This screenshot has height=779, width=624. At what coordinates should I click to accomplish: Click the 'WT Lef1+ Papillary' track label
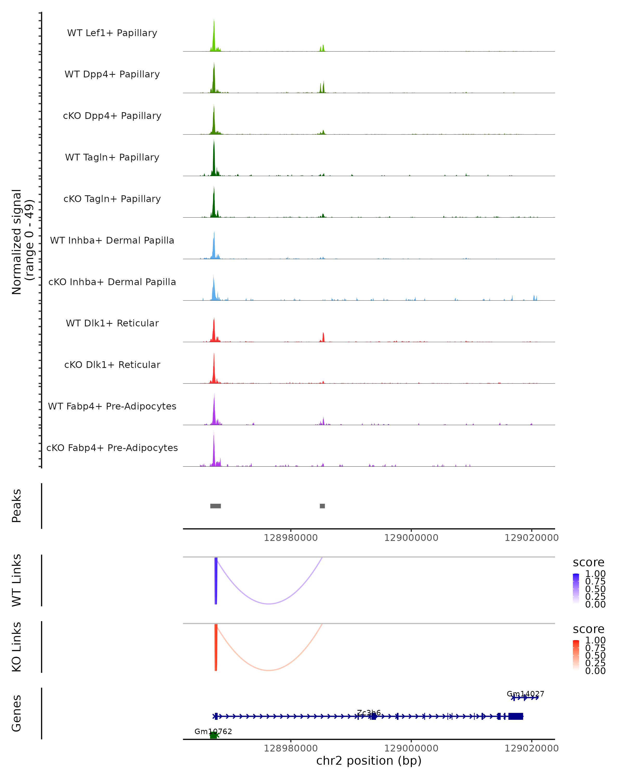tap(112, 33)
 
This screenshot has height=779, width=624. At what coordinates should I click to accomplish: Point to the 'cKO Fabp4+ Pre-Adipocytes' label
tap(112, 448)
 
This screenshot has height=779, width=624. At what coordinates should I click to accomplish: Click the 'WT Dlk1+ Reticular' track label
tap(112, 323)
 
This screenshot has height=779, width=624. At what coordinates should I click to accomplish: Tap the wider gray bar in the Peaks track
tap(216, 506)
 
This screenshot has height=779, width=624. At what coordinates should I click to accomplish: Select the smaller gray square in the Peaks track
tap(322, 506)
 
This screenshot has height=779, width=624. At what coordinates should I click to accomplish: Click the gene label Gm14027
tap(525, 694)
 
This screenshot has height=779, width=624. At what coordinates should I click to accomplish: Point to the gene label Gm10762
tap(213, 731)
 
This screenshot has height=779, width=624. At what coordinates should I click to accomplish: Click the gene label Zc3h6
tap(369, 713)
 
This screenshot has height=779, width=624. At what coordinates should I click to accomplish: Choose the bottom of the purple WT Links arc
tap(269, 603)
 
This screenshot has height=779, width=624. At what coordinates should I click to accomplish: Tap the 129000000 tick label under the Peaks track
tap(411, 538)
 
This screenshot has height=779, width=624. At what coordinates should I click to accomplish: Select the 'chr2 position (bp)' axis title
tap(369, 761)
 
